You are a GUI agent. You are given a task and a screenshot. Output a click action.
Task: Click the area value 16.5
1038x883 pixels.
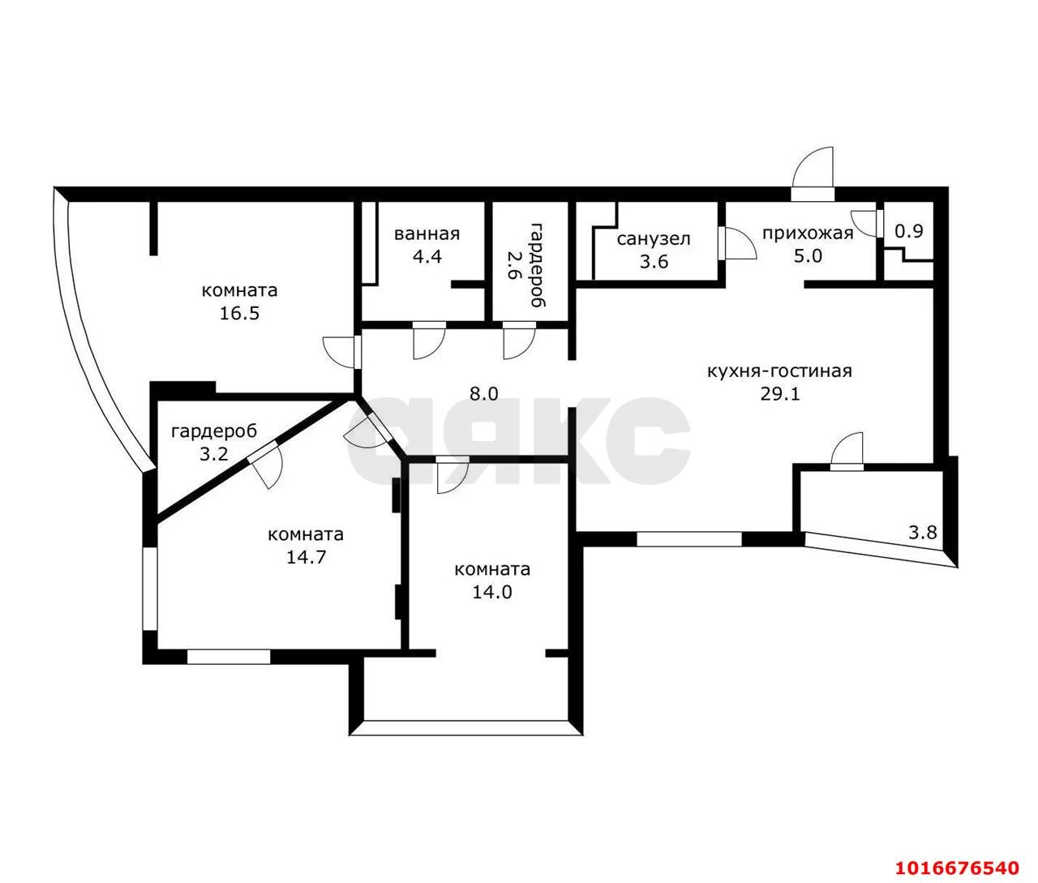pos(239,313)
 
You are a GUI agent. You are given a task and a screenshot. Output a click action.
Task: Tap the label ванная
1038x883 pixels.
pos(427,234)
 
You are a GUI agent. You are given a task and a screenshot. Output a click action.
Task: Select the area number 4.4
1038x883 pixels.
pos(427,256)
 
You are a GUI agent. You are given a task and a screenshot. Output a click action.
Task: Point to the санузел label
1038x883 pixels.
pos(654,239)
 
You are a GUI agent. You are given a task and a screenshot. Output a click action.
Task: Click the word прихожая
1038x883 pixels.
pos(808,234)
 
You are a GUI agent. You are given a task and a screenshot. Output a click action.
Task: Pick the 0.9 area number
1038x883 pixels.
pos(909,231)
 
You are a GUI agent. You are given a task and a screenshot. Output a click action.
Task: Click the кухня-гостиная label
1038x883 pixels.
pos(779,371)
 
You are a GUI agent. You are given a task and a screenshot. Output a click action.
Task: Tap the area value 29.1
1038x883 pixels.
pos(780,394)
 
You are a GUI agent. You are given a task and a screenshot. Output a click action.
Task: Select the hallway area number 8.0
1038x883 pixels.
pos(483,393)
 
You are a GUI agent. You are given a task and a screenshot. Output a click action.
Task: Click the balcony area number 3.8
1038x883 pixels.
pos(923,532)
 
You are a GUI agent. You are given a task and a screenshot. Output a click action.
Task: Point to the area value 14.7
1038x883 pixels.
pos(306,557)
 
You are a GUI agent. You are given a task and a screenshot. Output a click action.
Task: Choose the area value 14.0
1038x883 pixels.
pos(492,592)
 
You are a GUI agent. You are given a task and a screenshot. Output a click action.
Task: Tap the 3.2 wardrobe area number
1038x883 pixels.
pos(214,454)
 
